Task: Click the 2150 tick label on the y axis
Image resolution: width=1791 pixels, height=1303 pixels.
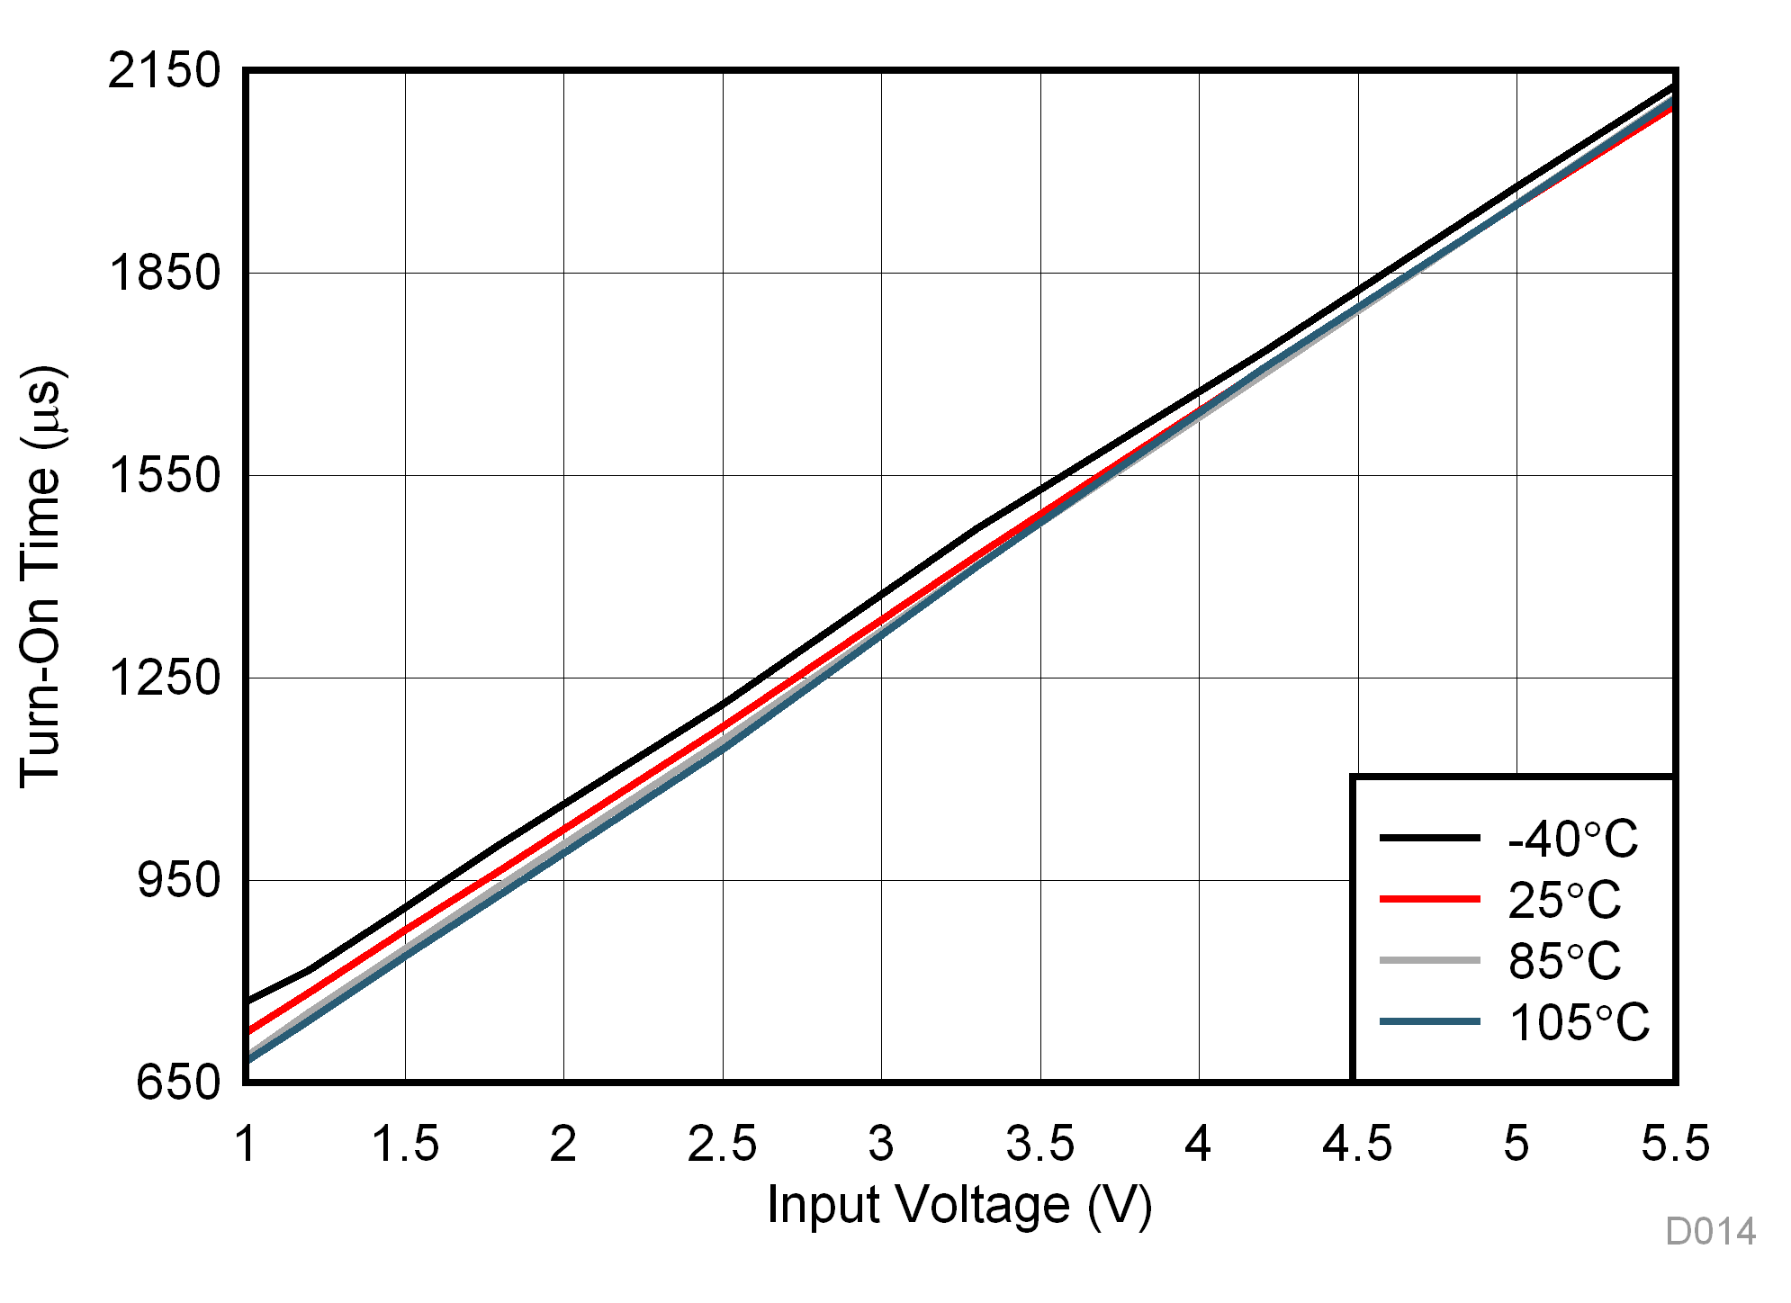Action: click(x=164, y=70)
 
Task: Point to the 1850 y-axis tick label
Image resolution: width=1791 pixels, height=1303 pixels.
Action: click(x=164, y=273)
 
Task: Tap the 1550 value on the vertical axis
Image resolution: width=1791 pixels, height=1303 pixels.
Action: click(x=164, y=475)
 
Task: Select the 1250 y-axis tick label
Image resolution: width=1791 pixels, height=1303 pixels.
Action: click(x=164, y=678)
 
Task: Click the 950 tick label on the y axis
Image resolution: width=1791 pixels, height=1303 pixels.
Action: click(x=178, y=880)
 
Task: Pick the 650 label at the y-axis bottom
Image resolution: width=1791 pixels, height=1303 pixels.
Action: click(x=178, y=1083)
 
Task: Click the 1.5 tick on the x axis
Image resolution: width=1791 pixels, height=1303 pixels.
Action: click(x=405, y=1144)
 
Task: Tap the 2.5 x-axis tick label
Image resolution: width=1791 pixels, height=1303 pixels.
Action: click(x=722, y=1144)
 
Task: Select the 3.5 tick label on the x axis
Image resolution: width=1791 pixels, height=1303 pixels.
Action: click(x=1039, y=1144)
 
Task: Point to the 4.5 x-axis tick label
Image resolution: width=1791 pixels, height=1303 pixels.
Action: click(x=1357, y=1144)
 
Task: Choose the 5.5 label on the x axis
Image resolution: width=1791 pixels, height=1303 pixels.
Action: click(x=1674, y=1144)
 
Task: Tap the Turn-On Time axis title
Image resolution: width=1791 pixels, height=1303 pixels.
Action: click(x=41, y=576)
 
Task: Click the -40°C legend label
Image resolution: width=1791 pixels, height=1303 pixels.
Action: click(x=1572, y=840)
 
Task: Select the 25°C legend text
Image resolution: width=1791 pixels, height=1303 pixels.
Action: click(x=1564, y=900)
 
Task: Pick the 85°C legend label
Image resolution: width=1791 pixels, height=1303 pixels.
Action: click(x=1564, y=961)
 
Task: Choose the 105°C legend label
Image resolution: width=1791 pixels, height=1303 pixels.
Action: click(x=1579, y=1022)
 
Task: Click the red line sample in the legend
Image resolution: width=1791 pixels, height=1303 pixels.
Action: click(x=1429, y=899)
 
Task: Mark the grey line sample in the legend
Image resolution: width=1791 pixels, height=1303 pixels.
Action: click(x=1429, y=960)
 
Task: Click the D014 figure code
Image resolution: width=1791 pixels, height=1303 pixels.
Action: click(x=1710, y=1232)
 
